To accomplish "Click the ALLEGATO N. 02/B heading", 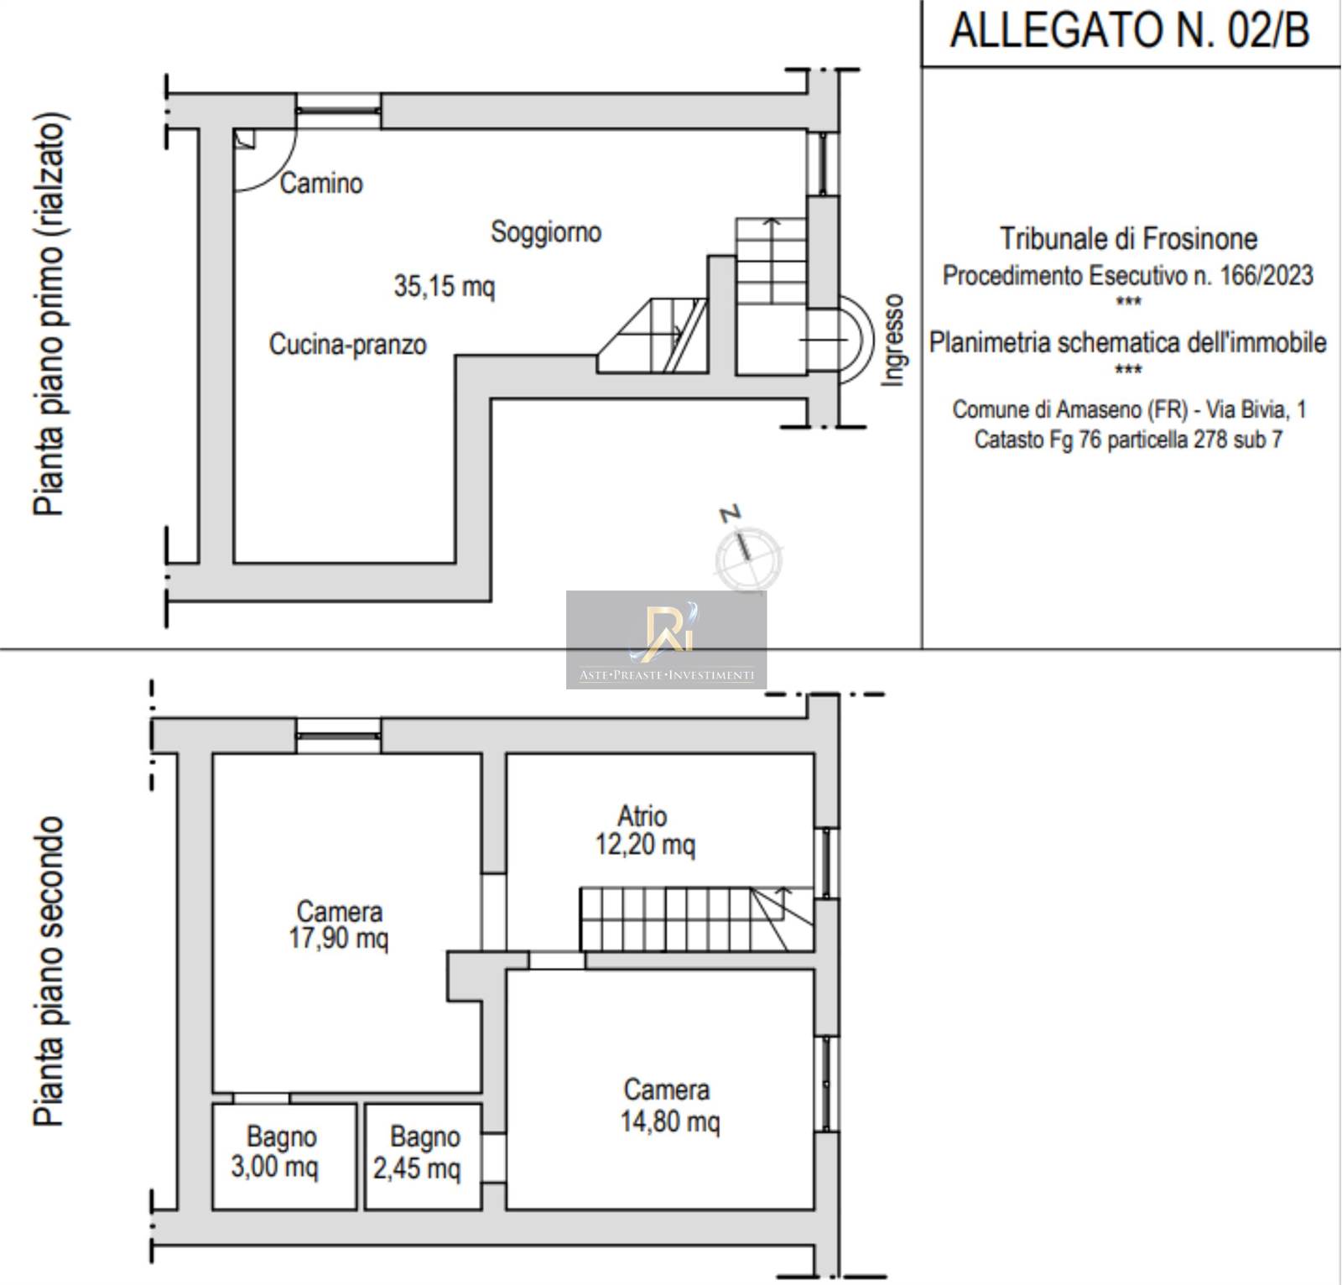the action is (x=1129, y=31).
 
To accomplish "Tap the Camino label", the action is (x=321, y=183).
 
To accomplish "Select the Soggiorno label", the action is (x=546, y=232).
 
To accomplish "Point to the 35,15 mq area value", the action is (x=445, y=286).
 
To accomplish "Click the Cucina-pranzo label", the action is (x=347, y=344).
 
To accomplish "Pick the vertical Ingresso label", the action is (x=893, y=340).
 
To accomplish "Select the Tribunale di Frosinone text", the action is (x=1128, y=239).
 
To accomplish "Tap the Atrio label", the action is (x=642, y=815).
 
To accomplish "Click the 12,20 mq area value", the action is (x=645, y=844).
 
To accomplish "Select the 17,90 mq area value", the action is (x=338, y=938).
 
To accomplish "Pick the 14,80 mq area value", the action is (x=669, y=1121).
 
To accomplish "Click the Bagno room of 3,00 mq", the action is (x=284, y=1156).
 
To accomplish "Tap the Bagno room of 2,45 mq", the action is (x=423, y=1156).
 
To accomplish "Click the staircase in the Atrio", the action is (x=696, y=918).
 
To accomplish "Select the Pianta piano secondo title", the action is (x=49, y=970).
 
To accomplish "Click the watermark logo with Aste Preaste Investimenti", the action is (x=666, y=640).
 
